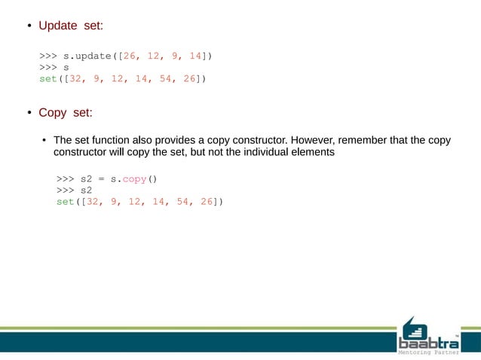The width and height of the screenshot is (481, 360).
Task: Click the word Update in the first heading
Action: [x=57, y=26]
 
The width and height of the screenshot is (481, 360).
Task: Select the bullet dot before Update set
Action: [x=23, y=27]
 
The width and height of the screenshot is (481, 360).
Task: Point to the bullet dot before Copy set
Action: [x=23, y=114]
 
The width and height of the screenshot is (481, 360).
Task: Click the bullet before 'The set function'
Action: [x=44, y=141]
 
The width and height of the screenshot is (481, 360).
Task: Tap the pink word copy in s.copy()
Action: [x=136, y=179]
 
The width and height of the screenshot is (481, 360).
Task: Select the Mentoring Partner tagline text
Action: [x=427, y=351]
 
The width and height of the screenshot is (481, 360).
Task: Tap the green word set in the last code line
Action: [x=66, y=202]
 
